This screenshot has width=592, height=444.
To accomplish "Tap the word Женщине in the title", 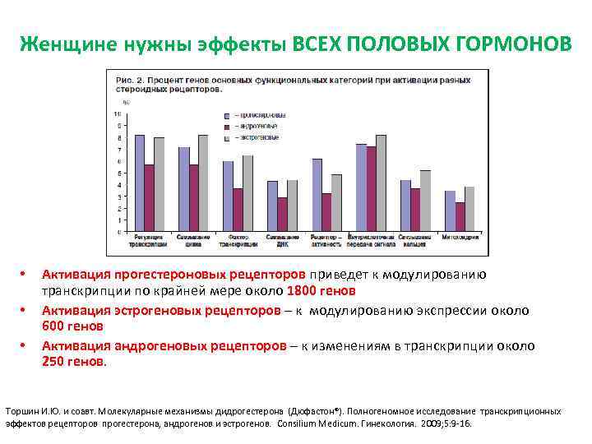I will click(x=61, y=43).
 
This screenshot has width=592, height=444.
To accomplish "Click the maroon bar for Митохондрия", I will click(x=460, y=216).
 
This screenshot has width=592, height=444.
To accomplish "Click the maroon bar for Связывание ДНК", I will click(x=282, y=214).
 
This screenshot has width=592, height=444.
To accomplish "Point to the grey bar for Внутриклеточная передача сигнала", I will click(x=381, y=183).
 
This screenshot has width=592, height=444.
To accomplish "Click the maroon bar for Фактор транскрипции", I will click(x=238, y=210).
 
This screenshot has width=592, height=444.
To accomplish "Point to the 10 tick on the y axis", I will click(x=118, y=113).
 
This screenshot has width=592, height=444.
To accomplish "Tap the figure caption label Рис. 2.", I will click(x=123, y=80).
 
